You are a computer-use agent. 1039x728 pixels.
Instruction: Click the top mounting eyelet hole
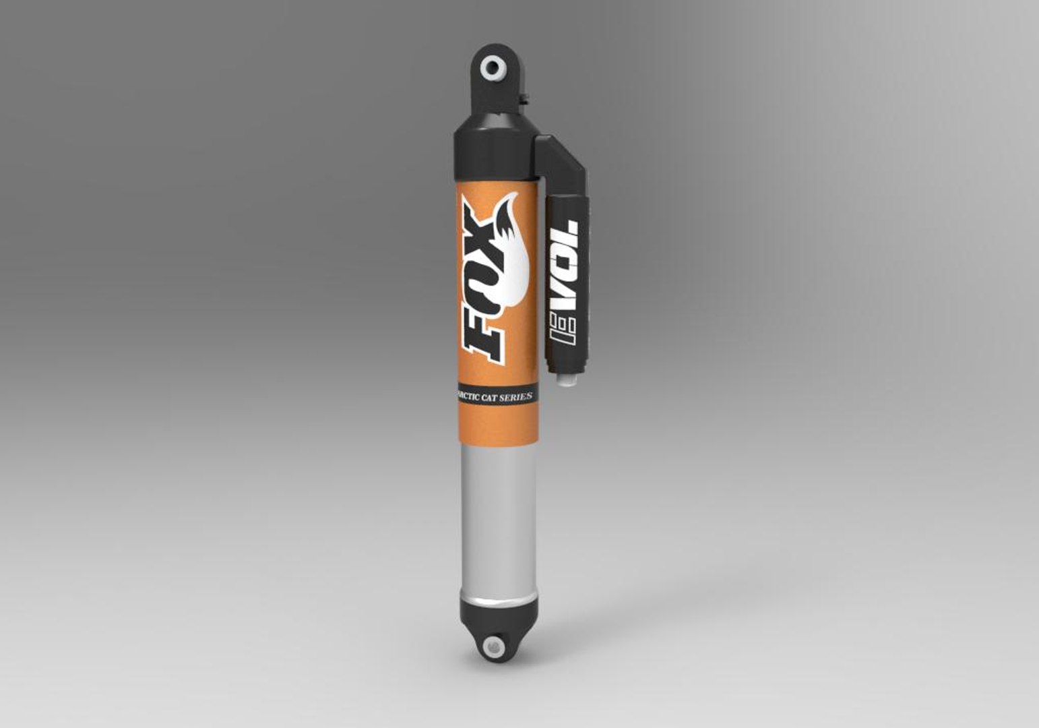click(494, 67)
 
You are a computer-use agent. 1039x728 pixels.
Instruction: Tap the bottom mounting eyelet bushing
click(495, 646)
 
